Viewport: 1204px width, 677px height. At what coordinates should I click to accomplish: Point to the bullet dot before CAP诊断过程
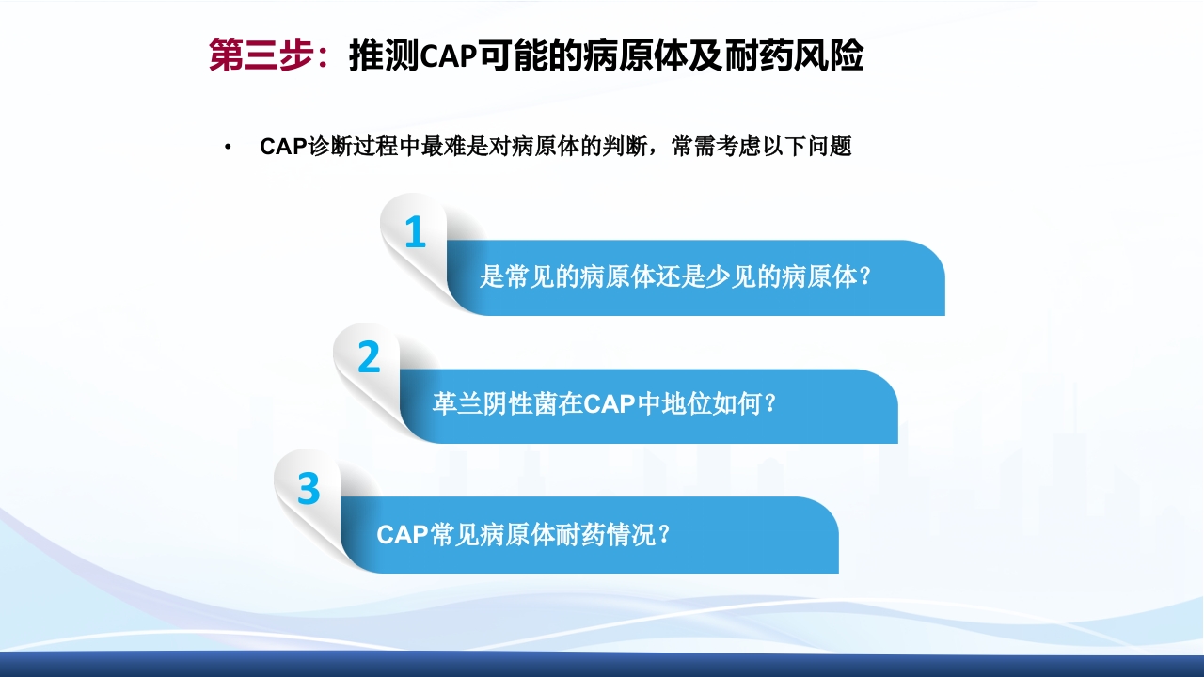coord(228,149)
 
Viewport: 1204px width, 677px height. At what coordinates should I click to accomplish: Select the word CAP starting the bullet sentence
coord(283,148)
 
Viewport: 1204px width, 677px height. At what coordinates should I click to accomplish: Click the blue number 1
coord(415,232)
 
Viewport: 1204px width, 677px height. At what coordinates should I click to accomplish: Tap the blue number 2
coord(369,358)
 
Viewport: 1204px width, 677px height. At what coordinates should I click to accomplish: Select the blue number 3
coord(309,489)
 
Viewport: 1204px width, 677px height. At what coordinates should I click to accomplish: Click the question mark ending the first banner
coord(865,277)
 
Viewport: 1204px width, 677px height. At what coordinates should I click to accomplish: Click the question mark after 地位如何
coord(769,404)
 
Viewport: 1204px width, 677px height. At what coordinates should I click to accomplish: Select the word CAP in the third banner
coord(402,535)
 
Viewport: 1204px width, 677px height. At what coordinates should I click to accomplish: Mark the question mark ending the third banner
coord(663,535)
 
